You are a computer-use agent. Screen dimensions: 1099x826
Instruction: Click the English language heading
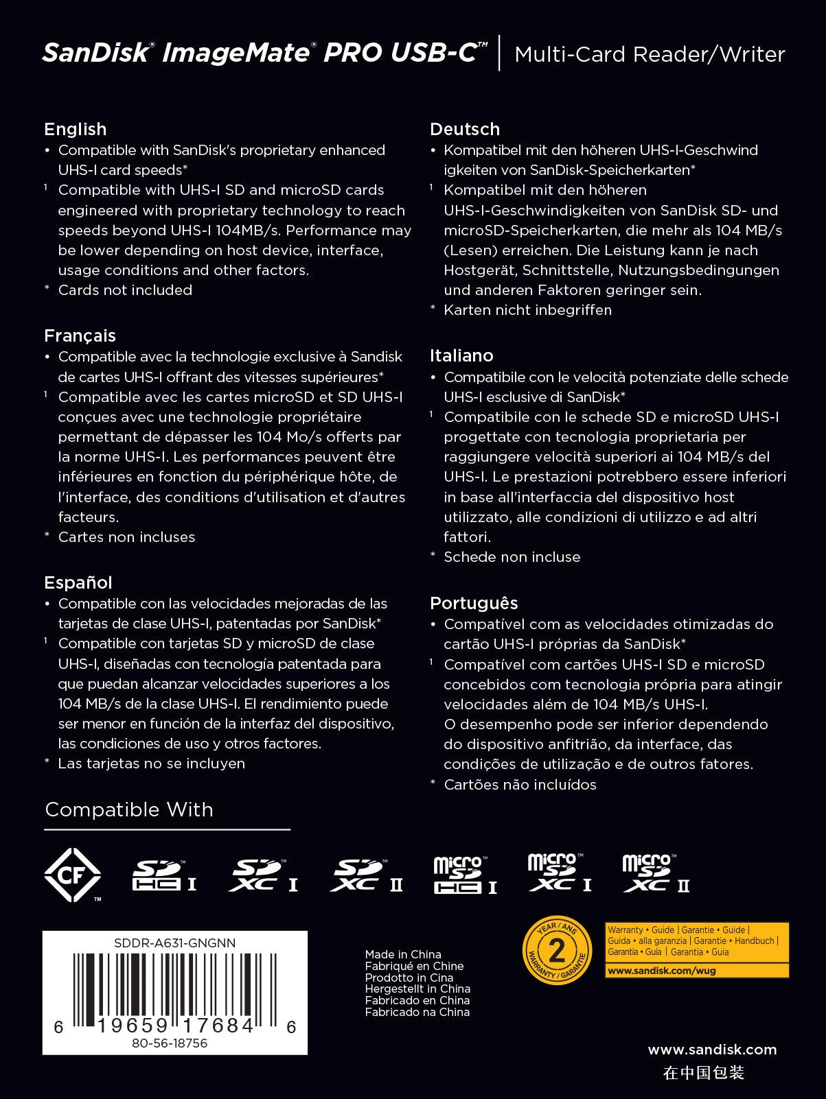76,129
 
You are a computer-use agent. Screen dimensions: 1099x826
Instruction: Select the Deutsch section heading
465,129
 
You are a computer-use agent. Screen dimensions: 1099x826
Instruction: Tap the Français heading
80,335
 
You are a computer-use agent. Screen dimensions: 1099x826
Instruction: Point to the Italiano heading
461,355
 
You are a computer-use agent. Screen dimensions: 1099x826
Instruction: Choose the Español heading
78,582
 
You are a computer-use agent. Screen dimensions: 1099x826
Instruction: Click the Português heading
474,603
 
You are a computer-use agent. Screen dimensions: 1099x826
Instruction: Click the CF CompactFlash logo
72,875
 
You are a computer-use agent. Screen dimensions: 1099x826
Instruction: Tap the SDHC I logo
163,876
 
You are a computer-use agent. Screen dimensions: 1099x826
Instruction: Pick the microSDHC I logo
464,876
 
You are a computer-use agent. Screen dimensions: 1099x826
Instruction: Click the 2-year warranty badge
557,950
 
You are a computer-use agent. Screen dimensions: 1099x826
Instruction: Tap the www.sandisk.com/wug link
660,971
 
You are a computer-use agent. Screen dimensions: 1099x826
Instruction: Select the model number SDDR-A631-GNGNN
174,943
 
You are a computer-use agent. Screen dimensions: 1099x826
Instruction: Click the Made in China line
403,954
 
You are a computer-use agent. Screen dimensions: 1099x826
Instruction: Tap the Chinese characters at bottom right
704,1073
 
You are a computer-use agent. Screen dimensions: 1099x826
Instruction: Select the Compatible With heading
129,810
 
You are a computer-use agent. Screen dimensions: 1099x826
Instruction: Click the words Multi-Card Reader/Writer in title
650,54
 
